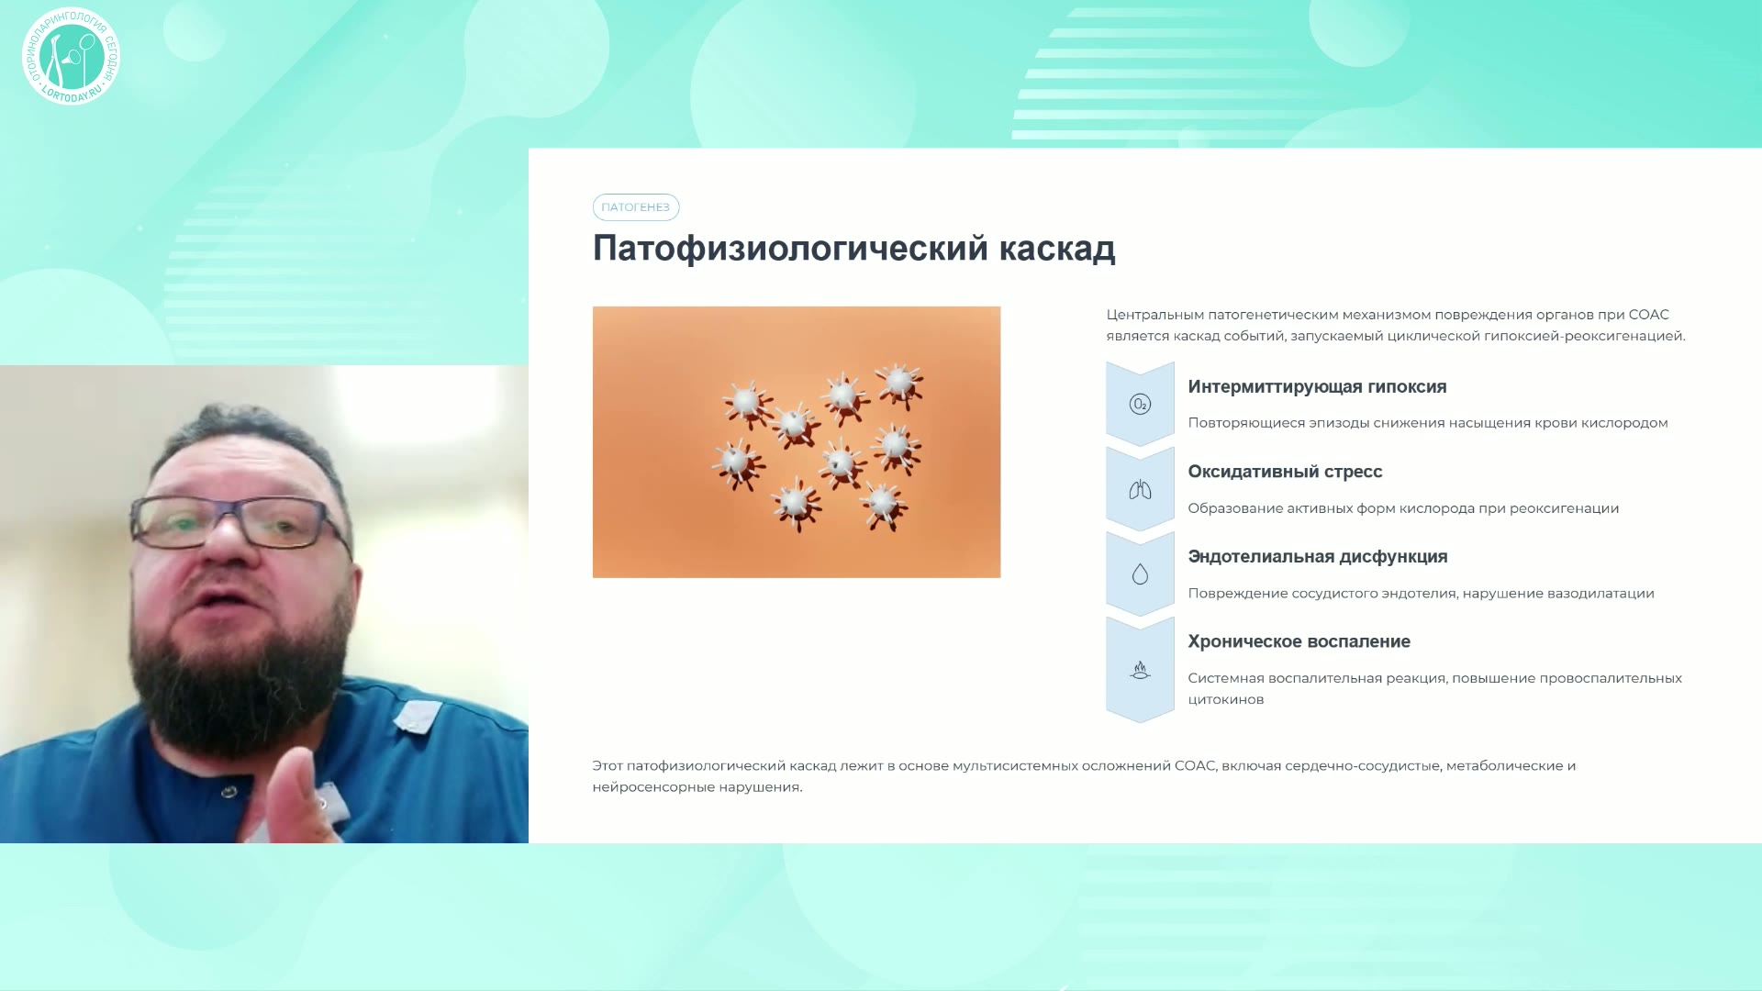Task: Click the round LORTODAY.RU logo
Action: click(71, 57)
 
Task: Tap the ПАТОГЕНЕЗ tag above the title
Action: click(636, 207)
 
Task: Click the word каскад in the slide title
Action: click(1057, 249)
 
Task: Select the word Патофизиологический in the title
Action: click(790, 249)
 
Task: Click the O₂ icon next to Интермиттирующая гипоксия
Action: click(1140, 404)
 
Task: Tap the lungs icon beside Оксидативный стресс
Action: click(1140, 490)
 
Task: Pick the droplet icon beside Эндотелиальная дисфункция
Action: click(1140, 574)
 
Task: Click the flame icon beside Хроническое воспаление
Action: click(1140, 671)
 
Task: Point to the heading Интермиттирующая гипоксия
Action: click(1317, 387)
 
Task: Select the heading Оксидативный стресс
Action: click(1285, 472)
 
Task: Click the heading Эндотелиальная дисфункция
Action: click(1318, 557)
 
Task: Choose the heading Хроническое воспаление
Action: click(1299, 641)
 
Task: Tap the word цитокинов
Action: click(1226, 700)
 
